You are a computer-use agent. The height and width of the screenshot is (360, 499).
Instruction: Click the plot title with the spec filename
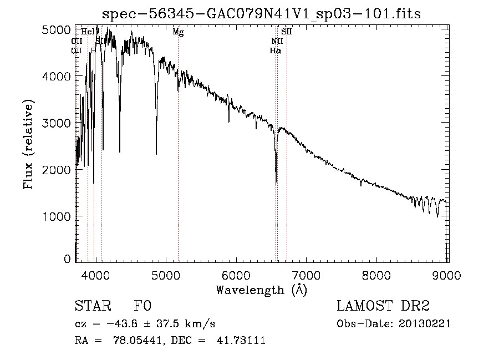tap(261, 13)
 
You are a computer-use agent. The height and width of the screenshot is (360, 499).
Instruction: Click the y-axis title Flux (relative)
tap(28, 144)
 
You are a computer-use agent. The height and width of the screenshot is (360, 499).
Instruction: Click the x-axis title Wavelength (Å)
tap(261, 290)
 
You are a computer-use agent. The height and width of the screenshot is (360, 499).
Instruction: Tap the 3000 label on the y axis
tap(57, 123)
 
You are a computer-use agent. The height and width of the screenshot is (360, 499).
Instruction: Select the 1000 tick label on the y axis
tap(57, 216)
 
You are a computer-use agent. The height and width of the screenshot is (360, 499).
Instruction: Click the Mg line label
tap(178, 33)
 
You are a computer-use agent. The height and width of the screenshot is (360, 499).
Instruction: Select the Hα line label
tap(275, 50)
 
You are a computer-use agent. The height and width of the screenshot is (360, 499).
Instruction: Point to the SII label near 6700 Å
tap(286, 32)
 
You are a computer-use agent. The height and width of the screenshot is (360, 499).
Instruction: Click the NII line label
tap(277, 42)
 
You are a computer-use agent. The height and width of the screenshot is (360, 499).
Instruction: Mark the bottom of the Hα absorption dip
tap(276, 183)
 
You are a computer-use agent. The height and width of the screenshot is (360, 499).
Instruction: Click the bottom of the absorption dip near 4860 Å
tap(156, 154)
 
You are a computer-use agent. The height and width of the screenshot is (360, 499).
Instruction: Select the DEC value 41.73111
tap(243, 340)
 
